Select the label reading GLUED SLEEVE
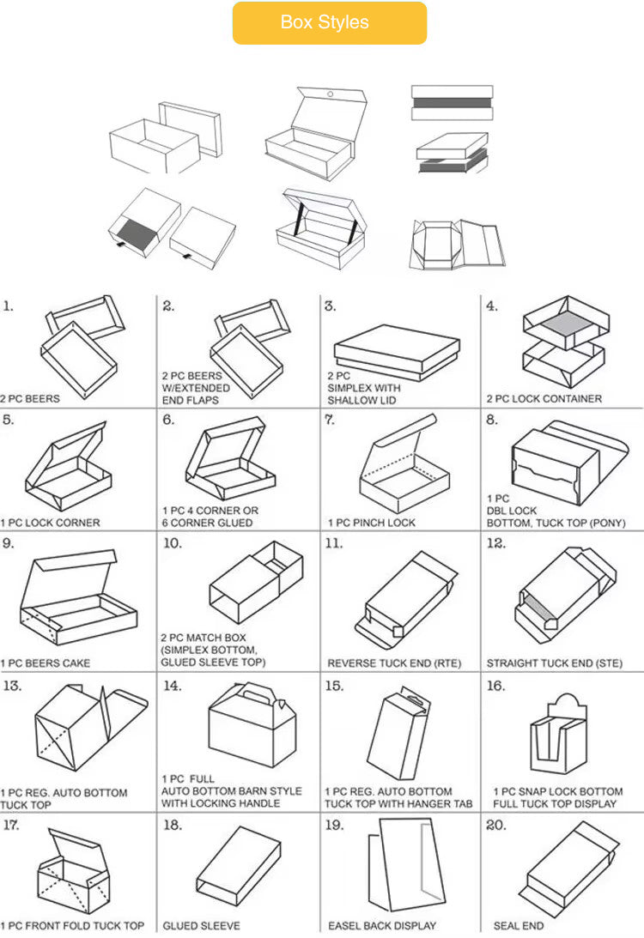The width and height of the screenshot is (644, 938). [x=201, y=925]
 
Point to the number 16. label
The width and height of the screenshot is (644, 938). [x=495, y=686]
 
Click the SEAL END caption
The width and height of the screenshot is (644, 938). [x=519, y=925]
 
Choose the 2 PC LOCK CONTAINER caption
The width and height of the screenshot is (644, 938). [x=544, y=398]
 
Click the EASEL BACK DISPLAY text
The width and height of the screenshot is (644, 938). [x=382, y=925]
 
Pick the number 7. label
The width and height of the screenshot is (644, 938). [x=330, y=420]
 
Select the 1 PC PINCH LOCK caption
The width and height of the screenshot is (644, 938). [x=371, y=523]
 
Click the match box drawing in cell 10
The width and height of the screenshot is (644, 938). [x=256, y=582]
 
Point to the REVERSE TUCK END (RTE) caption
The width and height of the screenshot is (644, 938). [x=394, y=663]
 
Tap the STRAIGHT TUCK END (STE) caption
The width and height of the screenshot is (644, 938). [x=554, y=663]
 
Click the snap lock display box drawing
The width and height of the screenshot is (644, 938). [x=558, y=735]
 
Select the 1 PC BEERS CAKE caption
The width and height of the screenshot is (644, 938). [x=46, y=663]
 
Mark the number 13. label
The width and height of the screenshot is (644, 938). [x=12, y=686]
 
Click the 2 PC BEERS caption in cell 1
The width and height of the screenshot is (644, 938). [x=30, y=398]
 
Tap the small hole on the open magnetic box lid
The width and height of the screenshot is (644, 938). [x=330, y=94]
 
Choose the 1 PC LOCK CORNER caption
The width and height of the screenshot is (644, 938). [x=51, y=523]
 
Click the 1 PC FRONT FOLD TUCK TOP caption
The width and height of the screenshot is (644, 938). [x=72, y=925]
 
